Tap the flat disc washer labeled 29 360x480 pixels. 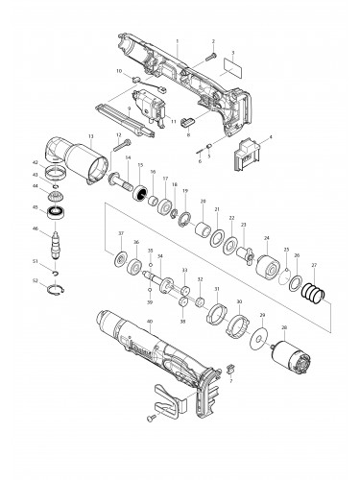[x=257, y=340]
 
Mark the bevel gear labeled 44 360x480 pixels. [x=64, y=191]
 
